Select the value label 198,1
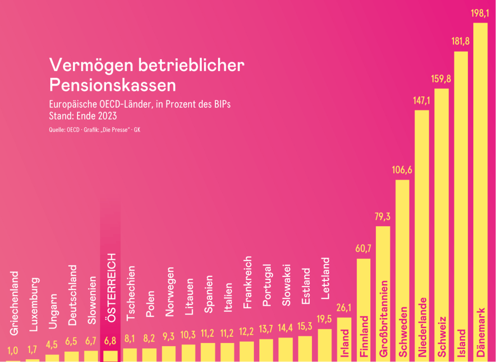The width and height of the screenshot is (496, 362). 480,13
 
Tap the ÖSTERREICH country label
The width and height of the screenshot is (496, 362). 111,287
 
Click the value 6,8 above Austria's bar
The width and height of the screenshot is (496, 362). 110,341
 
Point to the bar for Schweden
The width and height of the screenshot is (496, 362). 402,248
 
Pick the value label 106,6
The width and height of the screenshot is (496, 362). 402,170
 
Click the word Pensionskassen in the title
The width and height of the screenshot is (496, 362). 112,85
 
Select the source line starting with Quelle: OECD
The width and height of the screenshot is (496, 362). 95,130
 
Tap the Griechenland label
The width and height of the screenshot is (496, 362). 14,303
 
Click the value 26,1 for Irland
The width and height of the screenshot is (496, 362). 344,308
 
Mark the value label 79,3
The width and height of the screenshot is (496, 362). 382,217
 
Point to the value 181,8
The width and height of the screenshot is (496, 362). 460,41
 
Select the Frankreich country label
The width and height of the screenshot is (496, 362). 247,282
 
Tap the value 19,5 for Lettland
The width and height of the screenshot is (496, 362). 324,319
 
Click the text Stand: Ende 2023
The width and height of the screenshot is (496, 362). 83,116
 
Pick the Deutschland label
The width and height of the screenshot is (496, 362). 72,295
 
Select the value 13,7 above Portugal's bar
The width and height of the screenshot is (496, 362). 266,329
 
